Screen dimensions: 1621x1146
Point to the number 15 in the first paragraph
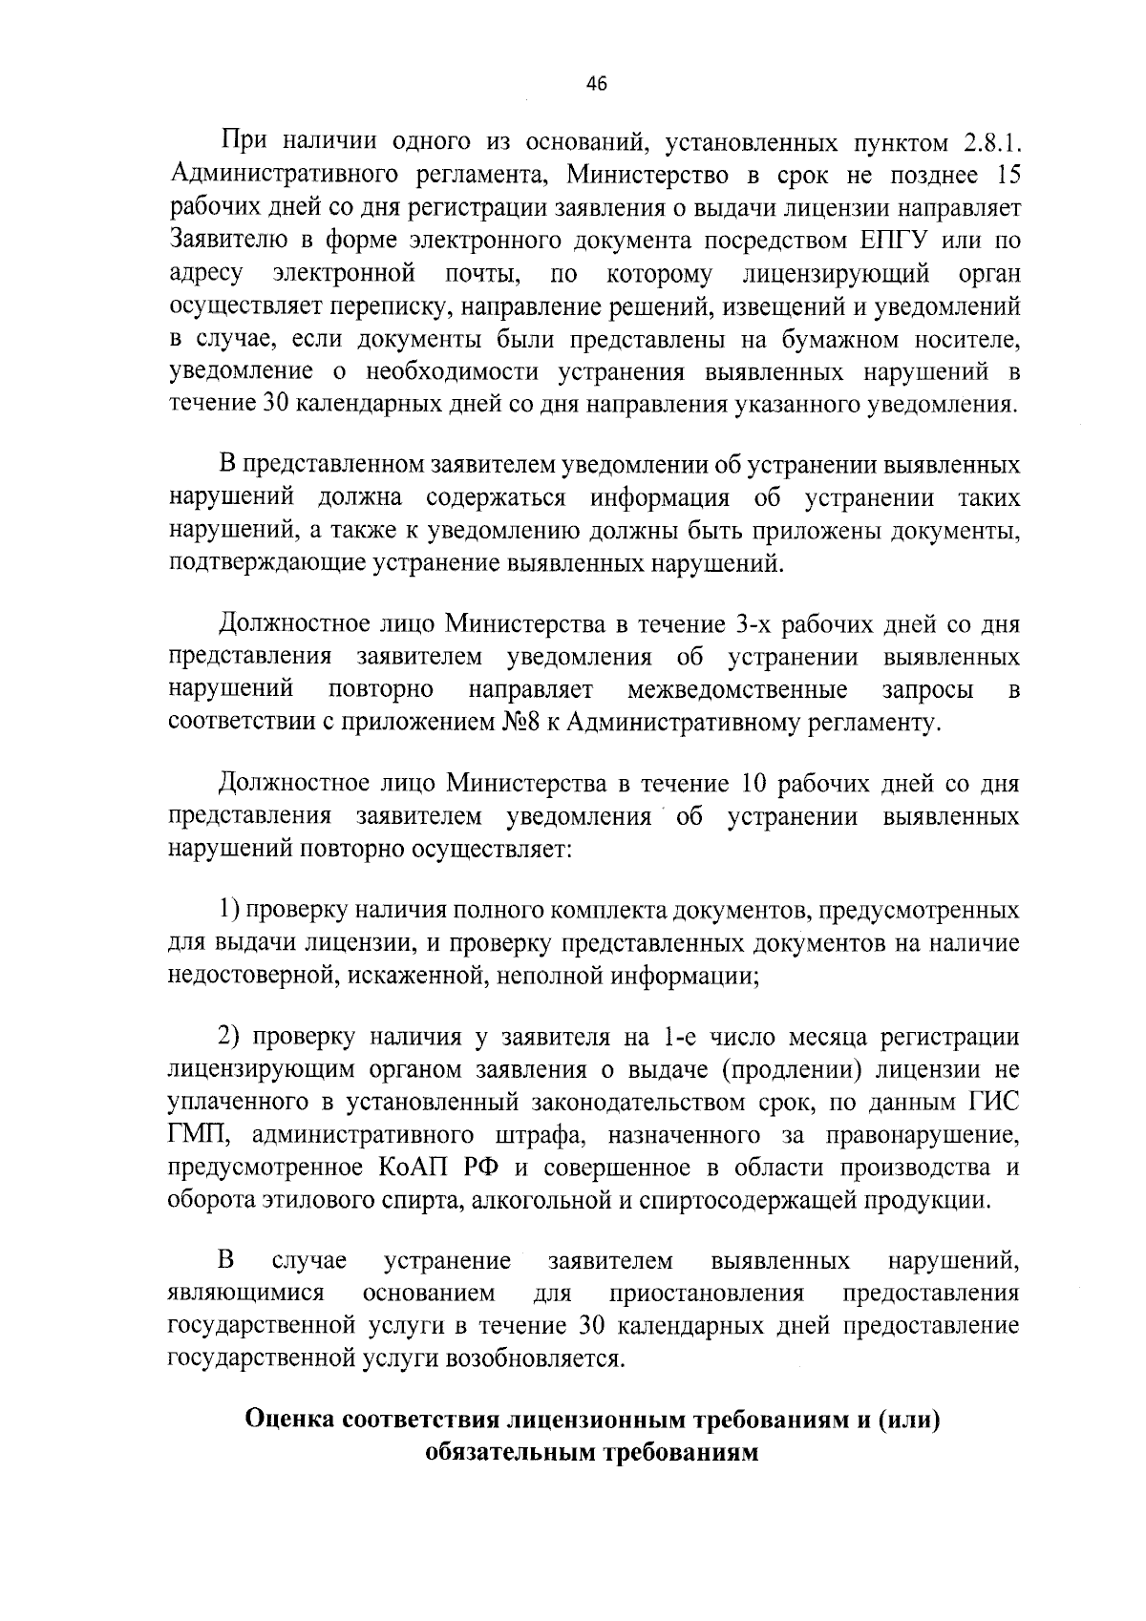tap(1007, 176)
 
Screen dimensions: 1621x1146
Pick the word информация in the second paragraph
tap(659, 498)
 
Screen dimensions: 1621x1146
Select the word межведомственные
tap(737, 689)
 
